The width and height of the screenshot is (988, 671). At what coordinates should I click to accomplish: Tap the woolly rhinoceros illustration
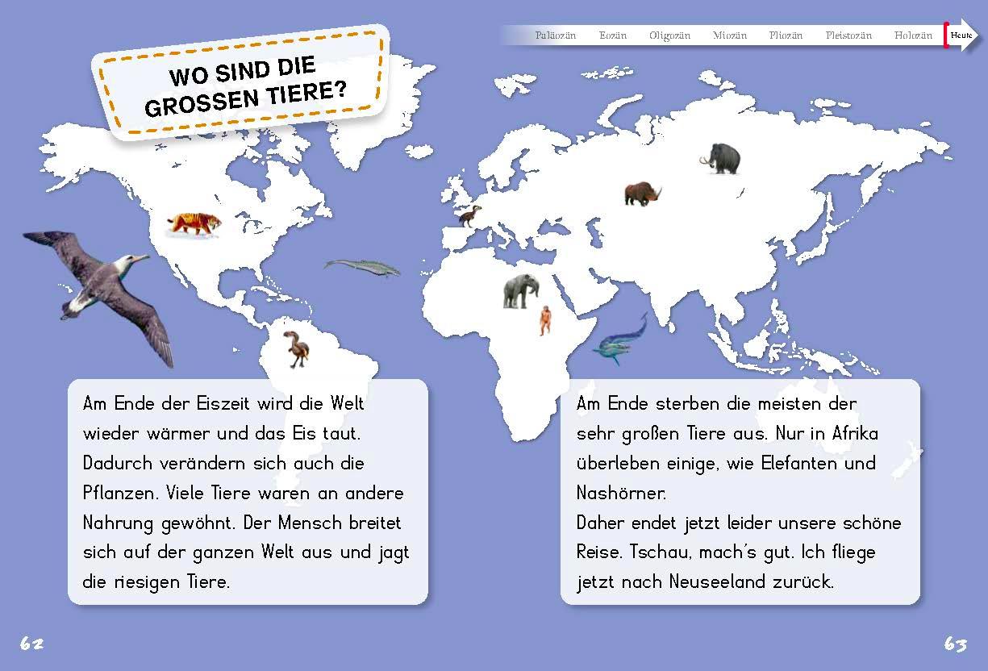(x=642, y=194)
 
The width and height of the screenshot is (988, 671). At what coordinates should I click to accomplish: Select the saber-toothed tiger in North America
(x=192, y=223)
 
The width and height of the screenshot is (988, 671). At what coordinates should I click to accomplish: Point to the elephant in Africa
(x=520, y=290)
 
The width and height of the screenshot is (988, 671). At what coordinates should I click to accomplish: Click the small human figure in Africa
(x=546, y=320)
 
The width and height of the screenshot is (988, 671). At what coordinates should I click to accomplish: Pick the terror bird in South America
(x=296, y=349)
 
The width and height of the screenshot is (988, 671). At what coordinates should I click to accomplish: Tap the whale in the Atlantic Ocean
(x=362, y=268)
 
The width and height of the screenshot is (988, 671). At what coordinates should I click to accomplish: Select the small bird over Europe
(x=470, y=215)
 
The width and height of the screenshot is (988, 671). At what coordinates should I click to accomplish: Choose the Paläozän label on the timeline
(x=556, y=35)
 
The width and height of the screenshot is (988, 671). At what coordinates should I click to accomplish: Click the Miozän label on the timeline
(x=730, y=35)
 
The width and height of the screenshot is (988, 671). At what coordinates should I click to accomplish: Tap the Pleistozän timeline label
(x=848, y=35)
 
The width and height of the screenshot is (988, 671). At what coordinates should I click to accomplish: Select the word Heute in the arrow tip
(x=961, y=35)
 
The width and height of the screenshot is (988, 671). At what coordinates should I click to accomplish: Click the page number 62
(x=31, y=644)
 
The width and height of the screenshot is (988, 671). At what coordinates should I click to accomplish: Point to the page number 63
(x=955, y=644)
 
